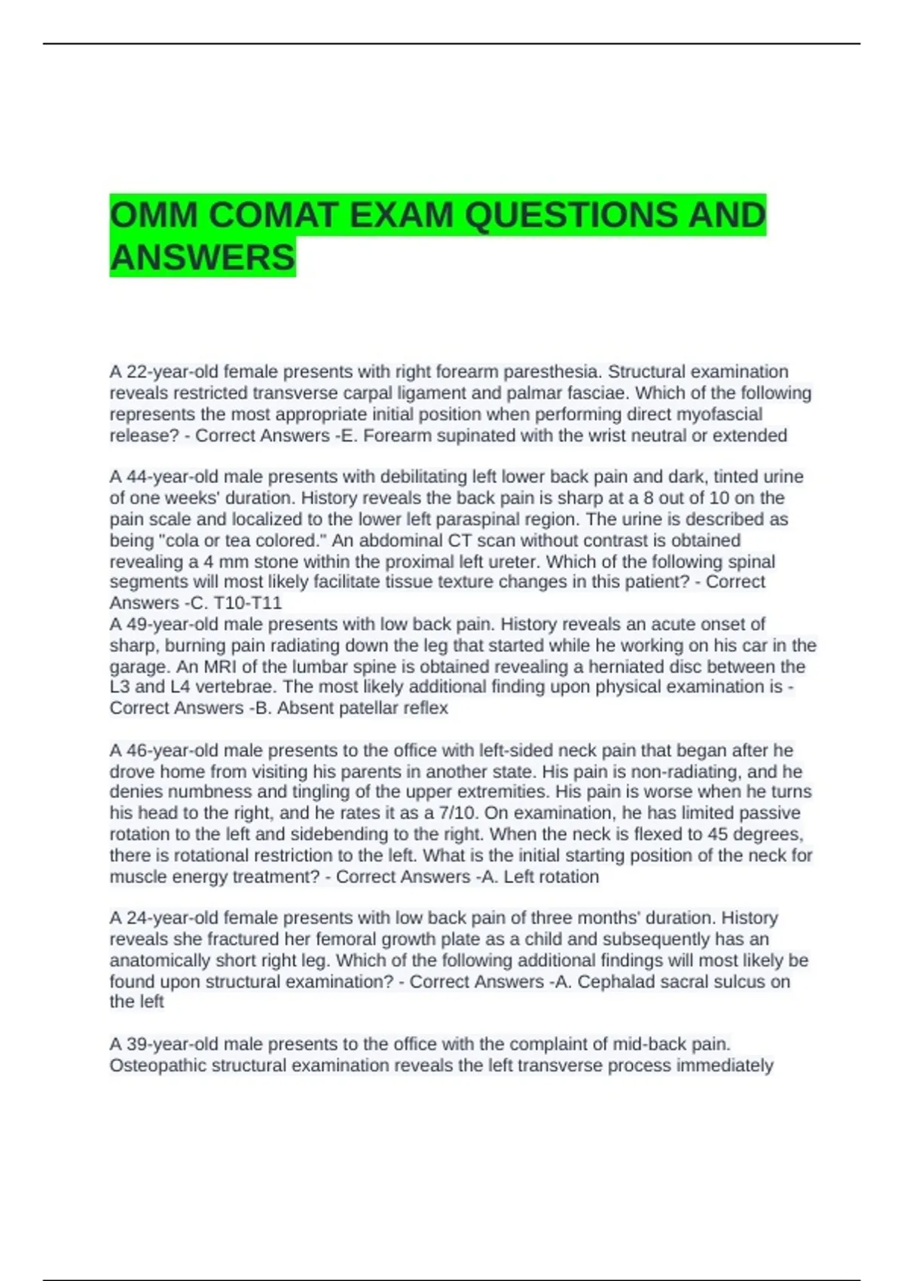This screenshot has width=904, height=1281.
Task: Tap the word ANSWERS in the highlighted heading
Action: pyautogui.click(x=203, y=258)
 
